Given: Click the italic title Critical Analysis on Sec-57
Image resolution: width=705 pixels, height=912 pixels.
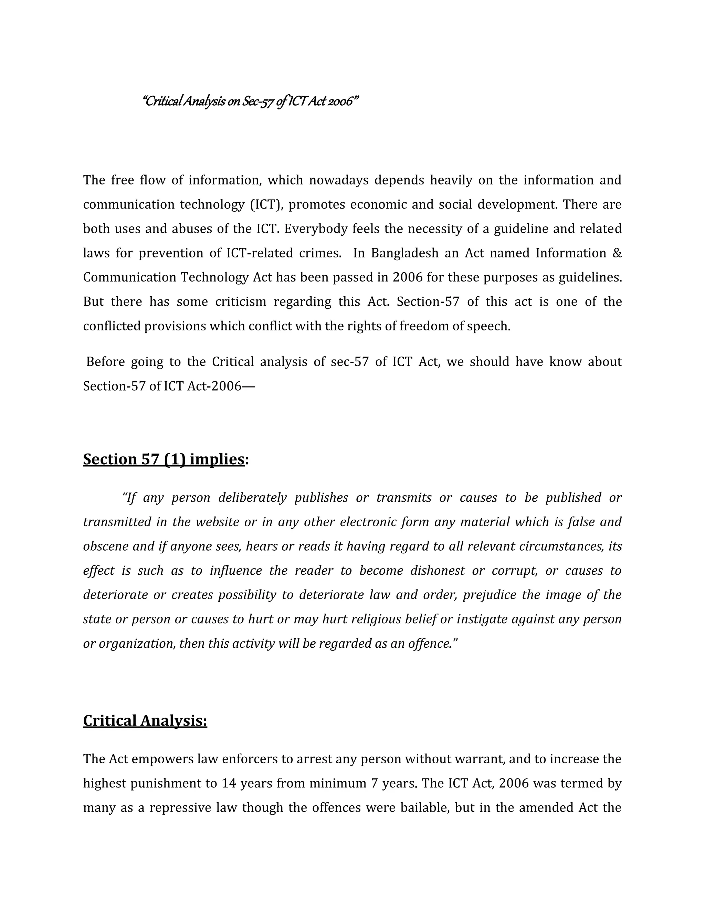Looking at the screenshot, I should point(250,101).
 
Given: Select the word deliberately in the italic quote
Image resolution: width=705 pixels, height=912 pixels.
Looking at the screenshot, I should point(252,498).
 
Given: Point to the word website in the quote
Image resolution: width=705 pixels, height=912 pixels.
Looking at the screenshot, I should point(217,522).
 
